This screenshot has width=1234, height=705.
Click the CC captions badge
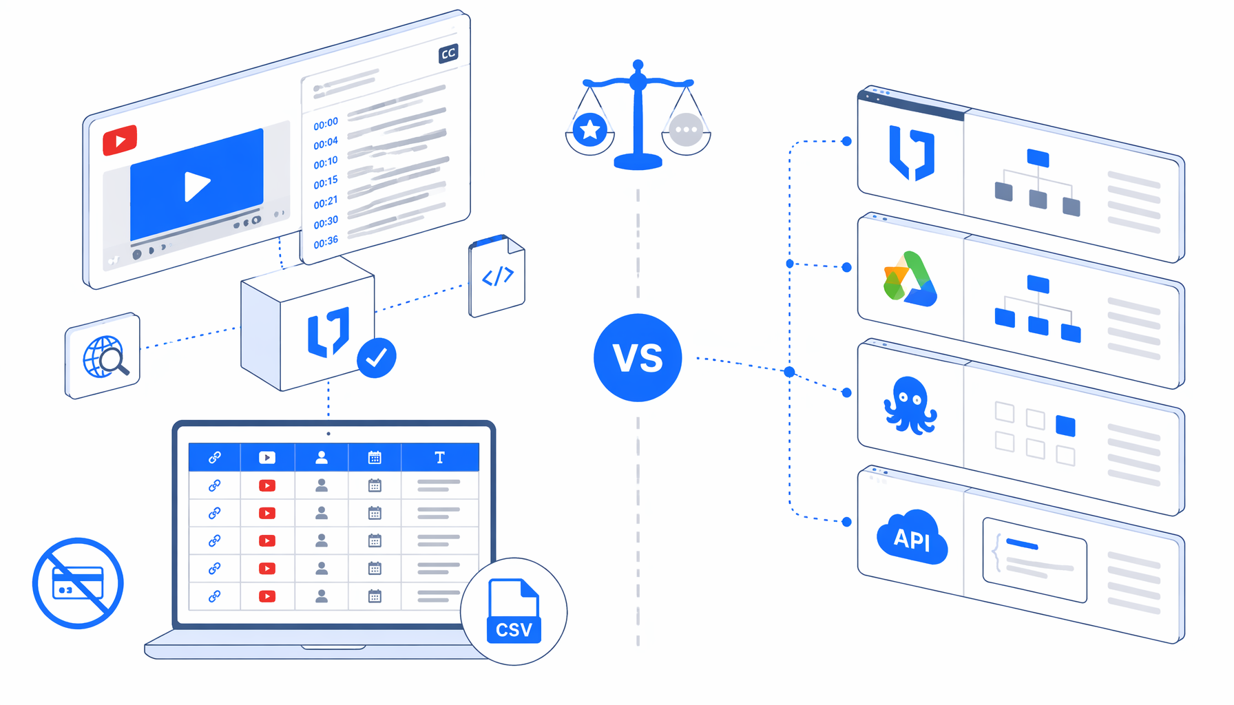click(x=448, y=54)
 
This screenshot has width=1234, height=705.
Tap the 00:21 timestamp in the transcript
click(x=326, y=202)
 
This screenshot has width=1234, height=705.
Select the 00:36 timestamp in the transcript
click(x=326, y=242)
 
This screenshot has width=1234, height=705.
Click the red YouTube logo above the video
click(x=120, y=140)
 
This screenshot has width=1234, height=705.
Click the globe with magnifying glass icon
click(x=105, y=357)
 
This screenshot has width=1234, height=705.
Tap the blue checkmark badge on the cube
click(x=376, y=357)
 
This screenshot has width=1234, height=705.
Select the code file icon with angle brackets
click(x=496, y=275)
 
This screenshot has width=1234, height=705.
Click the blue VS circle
click(x=638, y=357)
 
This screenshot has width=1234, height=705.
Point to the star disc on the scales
click(x=590, y=129)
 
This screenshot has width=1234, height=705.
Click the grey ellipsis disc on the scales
click(x=686, y=129)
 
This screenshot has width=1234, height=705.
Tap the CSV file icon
click(x=514, y=611)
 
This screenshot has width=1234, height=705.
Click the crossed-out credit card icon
click(x=78, y=583)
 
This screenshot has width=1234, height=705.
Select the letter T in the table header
click(x=439, y=457)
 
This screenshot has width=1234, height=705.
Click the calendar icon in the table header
click(x=375, y=457)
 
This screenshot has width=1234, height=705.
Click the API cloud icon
click(x=912, y=537)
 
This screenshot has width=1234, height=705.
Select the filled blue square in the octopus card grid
click(x=1065, y=425)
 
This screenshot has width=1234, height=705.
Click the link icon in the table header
click(x=215, y=457)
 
